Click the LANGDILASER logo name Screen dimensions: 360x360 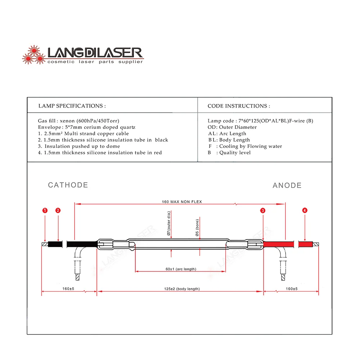(x=95, y=53)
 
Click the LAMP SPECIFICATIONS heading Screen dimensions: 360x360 (x=72, y=106)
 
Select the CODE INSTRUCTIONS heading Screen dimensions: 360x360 (x=239, y=106)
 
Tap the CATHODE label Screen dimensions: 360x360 (x=68, y=185)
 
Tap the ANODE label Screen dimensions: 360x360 (x=287, y=185)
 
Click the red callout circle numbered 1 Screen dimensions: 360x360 (x=45, y=210)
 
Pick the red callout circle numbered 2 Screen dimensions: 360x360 (x=58, y=210)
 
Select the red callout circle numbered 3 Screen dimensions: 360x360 (x=263, y=210)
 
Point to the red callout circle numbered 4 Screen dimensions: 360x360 (x=305, y=210)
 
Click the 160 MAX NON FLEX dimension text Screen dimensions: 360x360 (x=182, y=202)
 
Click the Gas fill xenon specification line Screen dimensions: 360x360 (x=78, y=121)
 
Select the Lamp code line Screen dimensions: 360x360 (x=260, y=121)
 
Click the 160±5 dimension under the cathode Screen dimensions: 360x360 (x=68, y=289)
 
